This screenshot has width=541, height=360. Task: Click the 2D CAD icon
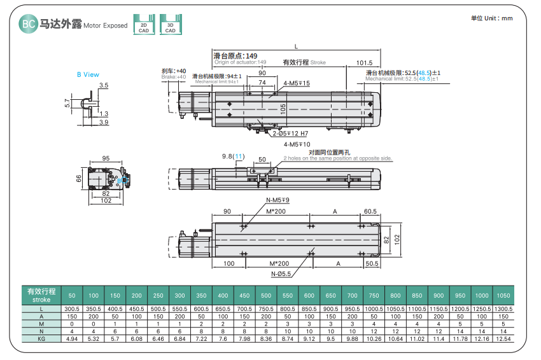[x=143, y=24]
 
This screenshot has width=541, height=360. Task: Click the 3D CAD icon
[x=170, y=24]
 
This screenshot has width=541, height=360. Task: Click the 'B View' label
[x=88, y=74]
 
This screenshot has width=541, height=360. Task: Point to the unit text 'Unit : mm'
[x=491, y=18]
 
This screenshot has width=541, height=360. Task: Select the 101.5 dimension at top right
[x=364, y=63]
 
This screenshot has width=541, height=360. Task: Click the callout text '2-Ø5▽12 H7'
[x=290, y=134]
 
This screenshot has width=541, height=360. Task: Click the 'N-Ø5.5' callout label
[x=281, y=274]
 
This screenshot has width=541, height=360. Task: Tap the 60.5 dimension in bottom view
[x=370, y=211]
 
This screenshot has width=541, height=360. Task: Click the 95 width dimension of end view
[x=106, y=159]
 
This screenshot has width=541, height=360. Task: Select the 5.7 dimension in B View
[x=67, y=102]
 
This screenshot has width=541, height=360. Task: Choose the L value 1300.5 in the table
[x=503, y=308]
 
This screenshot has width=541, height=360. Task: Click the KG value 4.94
[x=72, y=340]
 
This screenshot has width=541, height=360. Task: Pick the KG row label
[x=41, y=340]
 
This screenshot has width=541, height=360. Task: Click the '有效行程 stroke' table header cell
[x=41, y=295]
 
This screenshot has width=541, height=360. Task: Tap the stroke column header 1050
[x=503, y=296]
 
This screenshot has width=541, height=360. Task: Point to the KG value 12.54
[x=503, y=340]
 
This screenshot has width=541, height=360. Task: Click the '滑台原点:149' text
[x=235, y=56]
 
